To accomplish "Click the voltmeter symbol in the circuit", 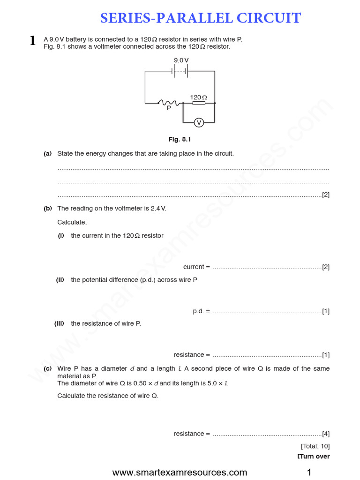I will coord(199,123).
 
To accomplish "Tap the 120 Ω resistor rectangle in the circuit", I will coord(199,103).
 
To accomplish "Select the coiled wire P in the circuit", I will coord(167,103).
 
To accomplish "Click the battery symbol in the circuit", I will coord(180,71).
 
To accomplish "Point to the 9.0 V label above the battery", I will coord(181,60).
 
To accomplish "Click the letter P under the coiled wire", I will coord(169,108).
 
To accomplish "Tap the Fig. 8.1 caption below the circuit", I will coord(180,139).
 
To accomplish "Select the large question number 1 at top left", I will coord(32,41).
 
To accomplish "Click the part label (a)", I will coord(47,154).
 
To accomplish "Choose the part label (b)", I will coord(48,209).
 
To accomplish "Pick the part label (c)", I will coord(47,369).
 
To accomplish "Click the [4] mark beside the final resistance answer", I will coord(326,434).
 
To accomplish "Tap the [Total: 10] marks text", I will coord(315,446).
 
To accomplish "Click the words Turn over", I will coord(314,457).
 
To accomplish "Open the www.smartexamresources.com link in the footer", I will coord(180,472).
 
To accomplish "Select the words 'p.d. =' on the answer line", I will coord(201,311).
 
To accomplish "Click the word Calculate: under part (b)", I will coord(72,222).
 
